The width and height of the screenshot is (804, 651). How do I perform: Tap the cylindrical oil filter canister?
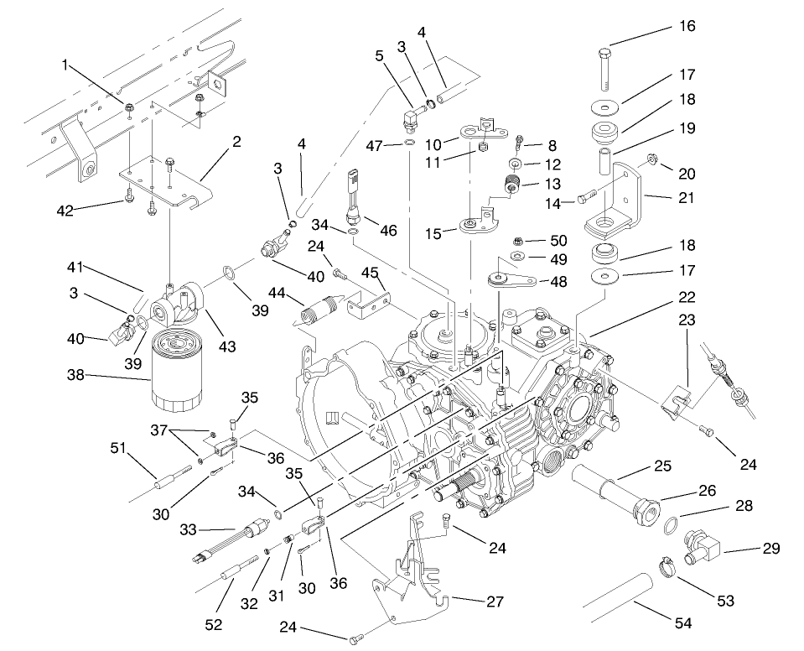tap(176, 371)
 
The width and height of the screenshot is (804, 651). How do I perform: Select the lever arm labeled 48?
tap(509, 279)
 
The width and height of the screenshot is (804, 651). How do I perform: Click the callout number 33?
tap(187, 529)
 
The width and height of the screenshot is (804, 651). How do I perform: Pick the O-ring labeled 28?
tap(670, 527)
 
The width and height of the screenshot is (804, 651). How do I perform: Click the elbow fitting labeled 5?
tap(411, 115)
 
